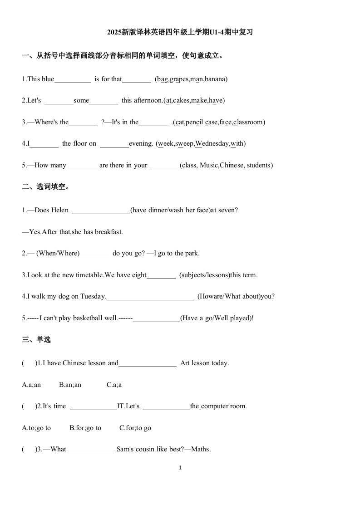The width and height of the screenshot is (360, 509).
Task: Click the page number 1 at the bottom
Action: [x=180, y=468]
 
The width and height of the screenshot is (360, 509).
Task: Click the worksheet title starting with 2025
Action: [x=180, y=32]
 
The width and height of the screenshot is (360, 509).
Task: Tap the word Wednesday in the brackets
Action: [x=212, y=143]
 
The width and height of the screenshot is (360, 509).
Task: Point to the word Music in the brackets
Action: [x=208, y=165]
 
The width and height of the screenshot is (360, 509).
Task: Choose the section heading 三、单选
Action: [x=36, y=339]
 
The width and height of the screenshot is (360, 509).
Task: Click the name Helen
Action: [x=60, y=210]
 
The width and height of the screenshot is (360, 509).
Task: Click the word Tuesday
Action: [x=93, y=297]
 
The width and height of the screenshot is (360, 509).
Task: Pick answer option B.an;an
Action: [x=70, y=385]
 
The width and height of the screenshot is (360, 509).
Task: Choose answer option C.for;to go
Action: [x=135, y=428]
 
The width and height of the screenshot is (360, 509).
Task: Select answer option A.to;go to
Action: [x=36, y=428]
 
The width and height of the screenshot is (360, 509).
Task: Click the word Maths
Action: [x=201, y=450]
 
